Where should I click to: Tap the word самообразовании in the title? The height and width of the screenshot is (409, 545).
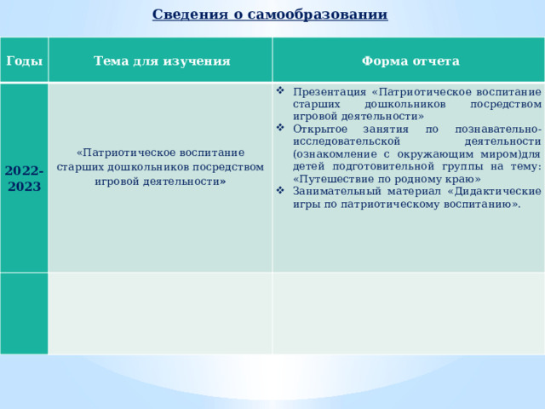click(x=332, y=14)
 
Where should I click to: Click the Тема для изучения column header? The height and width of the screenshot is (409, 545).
click(x=162, y=61)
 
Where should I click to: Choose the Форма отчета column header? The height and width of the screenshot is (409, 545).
click(x=410, y=61)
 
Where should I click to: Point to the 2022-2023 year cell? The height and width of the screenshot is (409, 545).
click(x=24, y=178)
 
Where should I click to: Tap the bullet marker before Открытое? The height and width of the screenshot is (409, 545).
click(x=281, y=128)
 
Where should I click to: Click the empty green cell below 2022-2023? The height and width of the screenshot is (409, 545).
click(x=24, y=313)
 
